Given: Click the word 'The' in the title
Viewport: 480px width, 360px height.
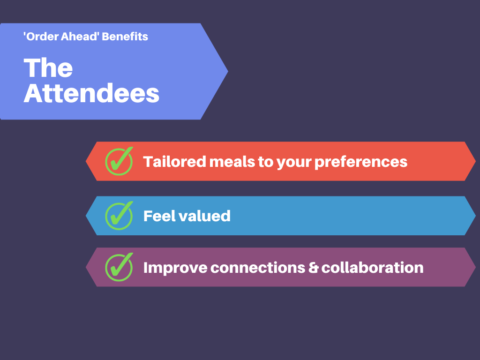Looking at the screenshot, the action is click(x=48, y=67).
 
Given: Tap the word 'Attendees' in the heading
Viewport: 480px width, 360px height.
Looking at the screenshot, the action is click(x=91, y=93).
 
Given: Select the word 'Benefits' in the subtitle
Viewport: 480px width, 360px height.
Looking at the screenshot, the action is click(x=125, y=37).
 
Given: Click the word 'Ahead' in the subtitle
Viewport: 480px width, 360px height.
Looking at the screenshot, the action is click(x=79, y=37).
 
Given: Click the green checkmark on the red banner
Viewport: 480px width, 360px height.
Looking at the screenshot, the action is click(x=119, y=161).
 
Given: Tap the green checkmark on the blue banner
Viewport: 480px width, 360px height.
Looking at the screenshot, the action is click(x=119, y=216).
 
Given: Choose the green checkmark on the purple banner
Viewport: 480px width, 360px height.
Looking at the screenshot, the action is click(x=119, y=267).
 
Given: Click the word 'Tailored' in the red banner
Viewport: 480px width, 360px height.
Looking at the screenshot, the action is click(x=174, y=161).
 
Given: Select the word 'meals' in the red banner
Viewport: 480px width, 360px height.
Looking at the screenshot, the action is click(x=232, y=161).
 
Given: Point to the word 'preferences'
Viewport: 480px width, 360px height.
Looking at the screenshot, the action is click(x=360, y=162).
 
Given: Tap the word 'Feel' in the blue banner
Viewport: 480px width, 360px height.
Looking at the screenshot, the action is click(x=159, y=216).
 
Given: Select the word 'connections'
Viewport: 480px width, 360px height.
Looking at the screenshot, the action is click(x=258, y=268).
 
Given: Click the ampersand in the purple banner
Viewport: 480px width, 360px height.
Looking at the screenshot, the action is click(x=313, y=268).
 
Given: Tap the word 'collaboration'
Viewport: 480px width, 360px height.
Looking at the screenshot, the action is click(x=372, y=268).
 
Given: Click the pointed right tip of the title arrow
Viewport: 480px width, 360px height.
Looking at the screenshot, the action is click(x=228, y=71).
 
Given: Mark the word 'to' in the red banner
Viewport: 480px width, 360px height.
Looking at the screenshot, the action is click(x=265, y=162).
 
